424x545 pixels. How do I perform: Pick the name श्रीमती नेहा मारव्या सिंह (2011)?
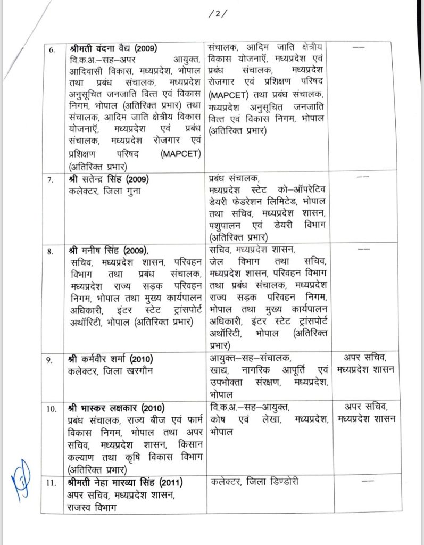click(122, 483)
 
